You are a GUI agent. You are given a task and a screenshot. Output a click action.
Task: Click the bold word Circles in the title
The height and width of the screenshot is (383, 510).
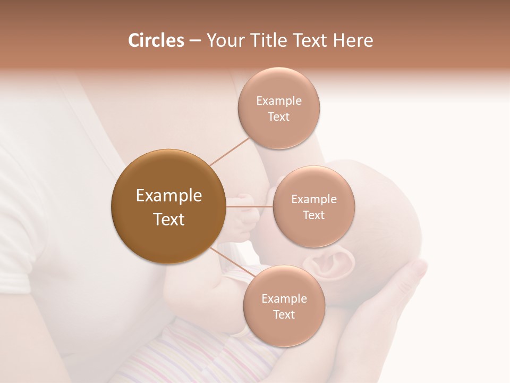point(156,40)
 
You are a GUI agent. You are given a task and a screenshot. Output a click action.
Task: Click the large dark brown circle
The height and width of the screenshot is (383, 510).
point(168,206)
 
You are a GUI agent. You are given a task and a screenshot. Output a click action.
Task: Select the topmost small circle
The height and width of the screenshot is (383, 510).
point(278,108)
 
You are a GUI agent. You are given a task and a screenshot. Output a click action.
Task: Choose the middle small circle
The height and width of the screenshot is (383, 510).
point(313,206)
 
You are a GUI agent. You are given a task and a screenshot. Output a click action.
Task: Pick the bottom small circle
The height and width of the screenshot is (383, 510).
point(284,306)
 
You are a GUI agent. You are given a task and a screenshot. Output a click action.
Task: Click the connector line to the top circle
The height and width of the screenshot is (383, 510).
point(229,151)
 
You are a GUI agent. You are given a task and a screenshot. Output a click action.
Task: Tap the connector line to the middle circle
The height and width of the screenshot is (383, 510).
point(250,206)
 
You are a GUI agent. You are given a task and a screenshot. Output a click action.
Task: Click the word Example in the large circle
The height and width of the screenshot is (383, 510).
point(168,196)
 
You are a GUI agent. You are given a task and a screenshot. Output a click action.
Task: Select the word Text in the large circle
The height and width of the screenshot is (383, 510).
point(168,219)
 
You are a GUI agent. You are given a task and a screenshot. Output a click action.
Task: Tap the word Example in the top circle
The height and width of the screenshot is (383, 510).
point(278,101)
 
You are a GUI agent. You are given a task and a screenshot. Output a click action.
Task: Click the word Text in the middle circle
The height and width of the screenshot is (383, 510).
point(313,215)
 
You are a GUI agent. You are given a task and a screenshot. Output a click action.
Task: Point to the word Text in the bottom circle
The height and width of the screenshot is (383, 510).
point(284,314)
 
